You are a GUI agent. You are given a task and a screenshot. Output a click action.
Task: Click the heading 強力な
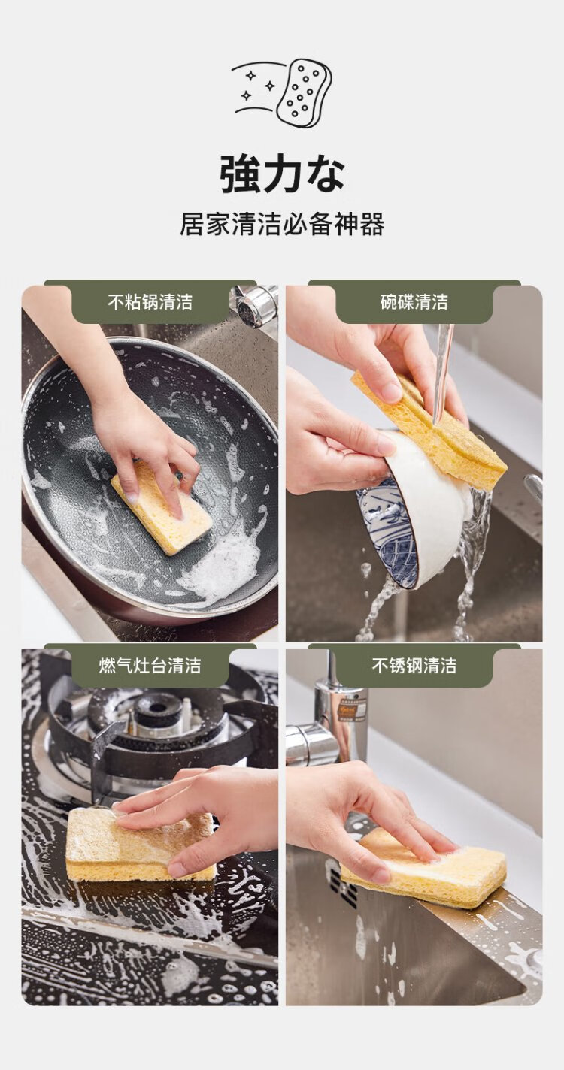point(282,174)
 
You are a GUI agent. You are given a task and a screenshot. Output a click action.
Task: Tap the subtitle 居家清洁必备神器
point(282,224)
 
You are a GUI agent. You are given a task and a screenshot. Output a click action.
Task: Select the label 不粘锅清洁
point(150,302)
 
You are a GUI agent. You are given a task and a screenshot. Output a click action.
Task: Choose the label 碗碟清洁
point(414,302)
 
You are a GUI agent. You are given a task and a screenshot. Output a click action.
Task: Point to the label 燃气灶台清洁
point(150,666)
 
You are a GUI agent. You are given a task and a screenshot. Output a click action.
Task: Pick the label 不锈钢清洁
point(414,666)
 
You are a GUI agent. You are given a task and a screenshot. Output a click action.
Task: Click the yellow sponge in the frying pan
point(162,507)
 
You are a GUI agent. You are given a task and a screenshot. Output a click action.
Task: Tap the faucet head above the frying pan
point(253,306)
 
